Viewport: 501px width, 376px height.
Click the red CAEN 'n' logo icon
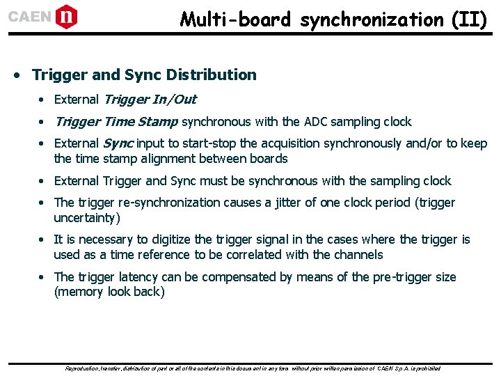click(x=65, y=16)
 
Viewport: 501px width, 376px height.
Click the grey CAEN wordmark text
click(x=29, y=17)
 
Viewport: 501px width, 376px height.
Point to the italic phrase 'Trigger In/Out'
click(x=150, y=100)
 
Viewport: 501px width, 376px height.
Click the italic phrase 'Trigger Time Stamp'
click(x=116, y=122)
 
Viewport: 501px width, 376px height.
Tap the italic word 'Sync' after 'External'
click(x=118, y=143)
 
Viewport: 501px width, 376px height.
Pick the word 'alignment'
click(x=195, y=158)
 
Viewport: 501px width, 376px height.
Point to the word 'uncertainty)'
click(x=87, y=218)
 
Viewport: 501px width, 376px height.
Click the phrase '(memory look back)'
click(x=109, y=292)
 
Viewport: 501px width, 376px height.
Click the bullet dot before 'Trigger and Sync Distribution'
click(x=22, y=75)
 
